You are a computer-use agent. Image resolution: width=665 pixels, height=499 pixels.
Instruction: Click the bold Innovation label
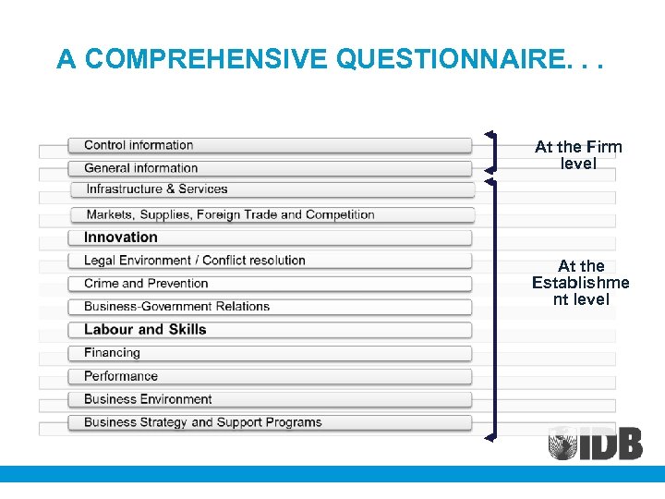(x=121, y=237)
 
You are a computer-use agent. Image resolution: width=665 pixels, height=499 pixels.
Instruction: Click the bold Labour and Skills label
(x=145, y=330)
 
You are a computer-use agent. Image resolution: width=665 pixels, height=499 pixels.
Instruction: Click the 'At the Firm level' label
(x=578, y=155)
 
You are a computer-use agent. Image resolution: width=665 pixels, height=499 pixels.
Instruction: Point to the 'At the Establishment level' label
(x=580, y=283)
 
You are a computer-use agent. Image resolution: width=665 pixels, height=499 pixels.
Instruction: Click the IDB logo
(x=595, y=443)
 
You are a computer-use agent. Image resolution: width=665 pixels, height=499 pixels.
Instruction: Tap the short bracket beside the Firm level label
(x=495, y=152)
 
